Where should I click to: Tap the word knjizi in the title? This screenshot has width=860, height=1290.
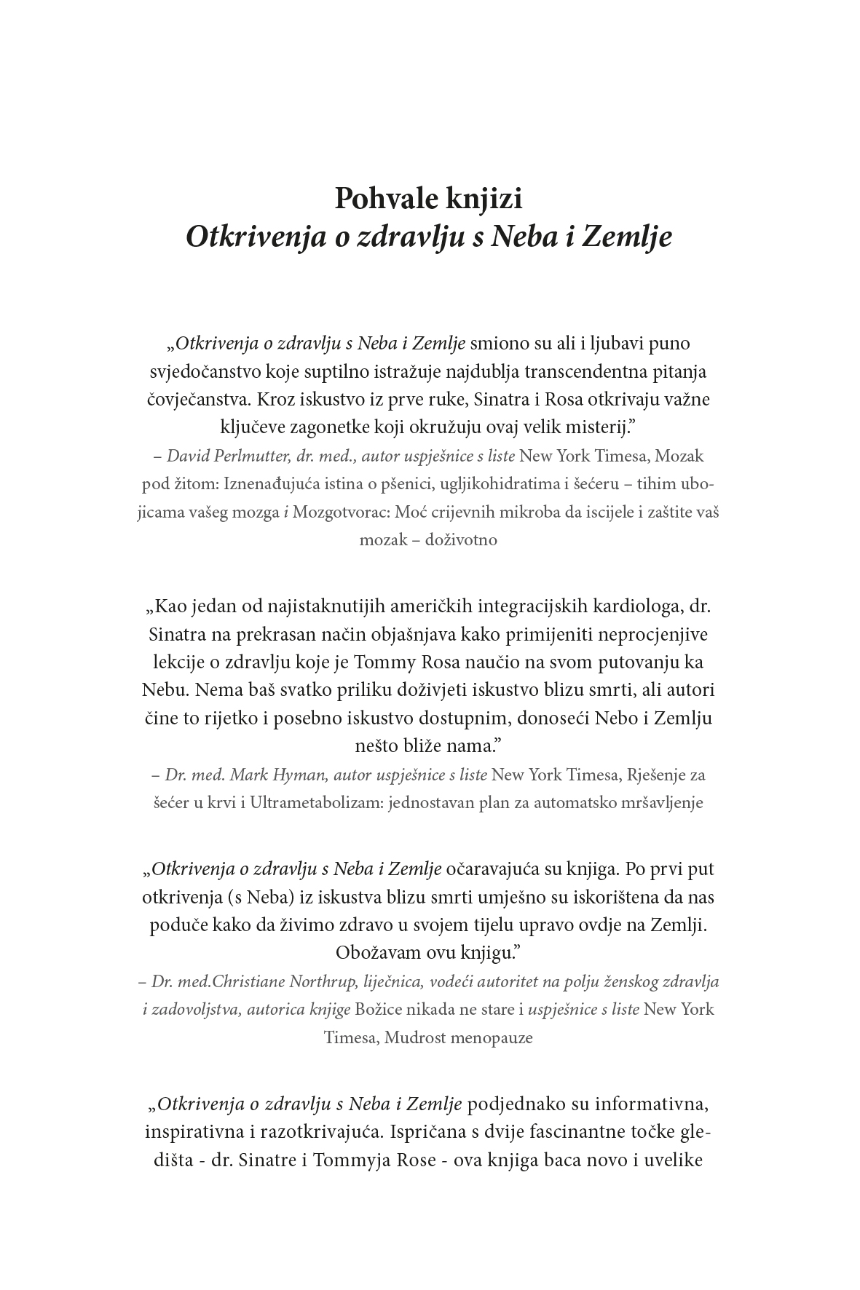coord(484,199)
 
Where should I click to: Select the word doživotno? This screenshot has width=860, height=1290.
coord(461,540)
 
